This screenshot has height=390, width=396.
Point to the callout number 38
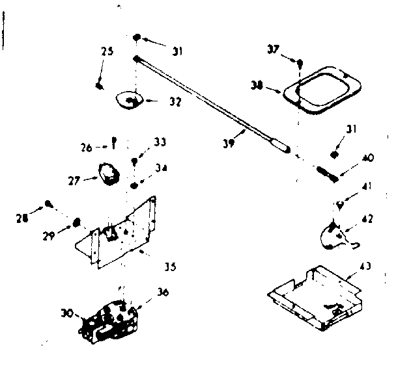[257, 85]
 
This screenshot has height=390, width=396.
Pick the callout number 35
[169, 266]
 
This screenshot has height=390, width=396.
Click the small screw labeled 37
[300, 64]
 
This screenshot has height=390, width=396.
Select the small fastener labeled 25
[99, 85]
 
